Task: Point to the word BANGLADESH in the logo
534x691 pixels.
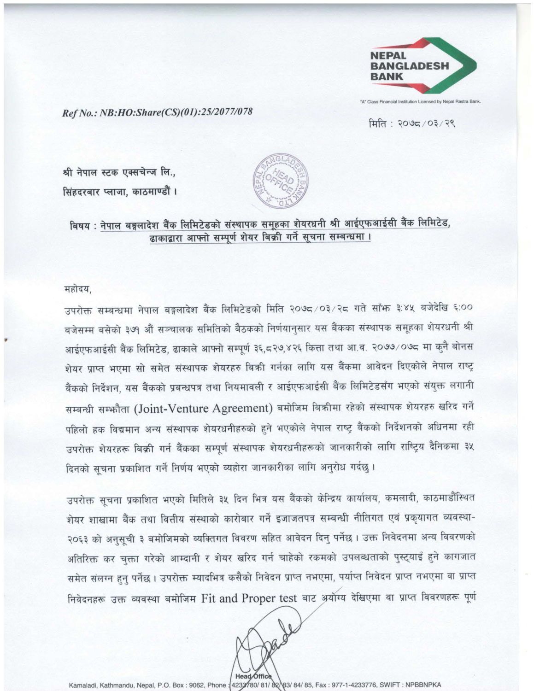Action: pos(410,66)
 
